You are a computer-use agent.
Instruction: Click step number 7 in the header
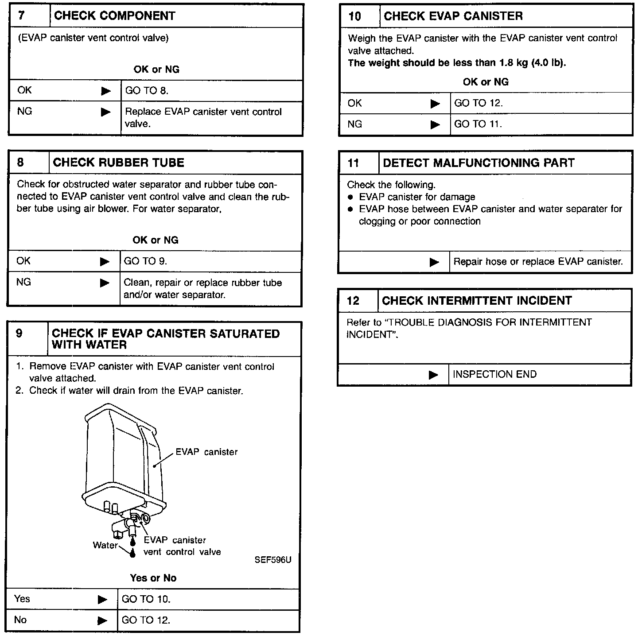pos(21,16)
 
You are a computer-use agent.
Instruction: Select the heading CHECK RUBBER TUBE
pos(118,163)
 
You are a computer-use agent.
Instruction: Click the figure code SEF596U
pos(273,560)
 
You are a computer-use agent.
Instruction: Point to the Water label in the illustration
pos(105,545)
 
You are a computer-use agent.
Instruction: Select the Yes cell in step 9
pos(22,599)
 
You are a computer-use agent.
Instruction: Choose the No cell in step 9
pos(20,620)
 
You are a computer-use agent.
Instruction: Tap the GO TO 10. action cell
pos(146,599)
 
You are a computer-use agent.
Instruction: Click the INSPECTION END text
pos(494,375)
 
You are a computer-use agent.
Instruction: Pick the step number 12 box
pos(353,301)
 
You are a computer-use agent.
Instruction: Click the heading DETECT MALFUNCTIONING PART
pos(478,163)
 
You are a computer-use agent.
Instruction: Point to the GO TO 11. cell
pos(478,124)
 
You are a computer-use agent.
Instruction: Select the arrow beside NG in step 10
pos(435,125)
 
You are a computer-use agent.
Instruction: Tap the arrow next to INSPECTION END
pos(433,375)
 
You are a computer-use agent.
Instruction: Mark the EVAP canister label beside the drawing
pos(206,452)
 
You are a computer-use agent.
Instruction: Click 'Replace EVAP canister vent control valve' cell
pos(203,118)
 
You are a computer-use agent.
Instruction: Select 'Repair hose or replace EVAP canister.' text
pos(538,262)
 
